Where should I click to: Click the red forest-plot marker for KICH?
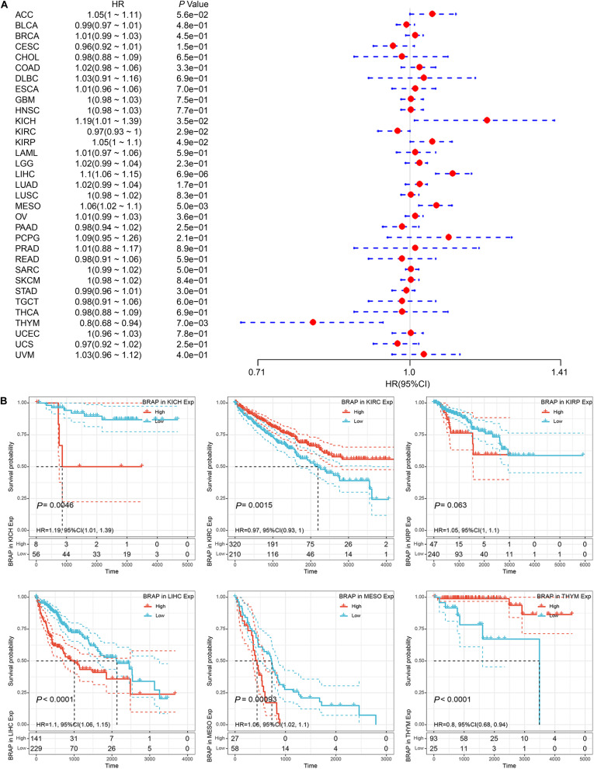[487, 120]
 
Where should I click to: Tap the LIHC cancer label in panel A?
[25, 174]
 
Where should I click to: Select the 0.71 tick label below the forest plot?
[257, 372]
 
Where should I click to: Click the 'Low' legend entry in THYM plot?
[560, 612]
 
